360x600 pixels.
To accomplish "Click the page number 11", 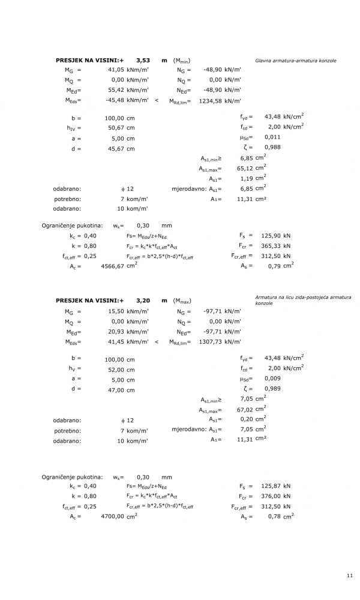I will pos(350,576).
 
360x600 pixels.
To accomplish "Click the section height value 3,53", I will pos(143,61).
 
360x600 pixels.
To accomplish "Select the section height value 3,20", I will pos(143,300).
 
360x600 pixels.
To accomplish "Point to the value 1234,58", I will pos(210,101).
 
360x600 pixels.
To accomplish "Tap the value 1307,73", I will pos(210,341).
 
